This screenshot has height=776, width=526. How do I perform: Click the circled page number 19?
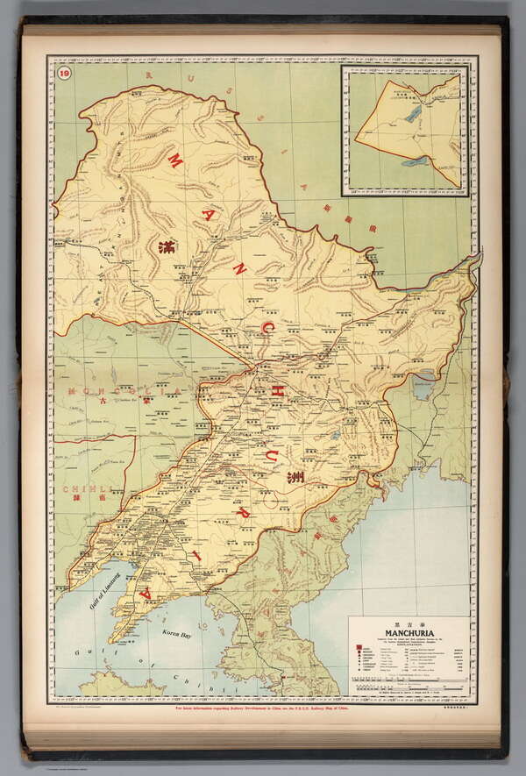point(63,73)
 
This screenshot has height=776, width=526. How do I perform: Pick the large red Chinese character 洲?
point(295,479)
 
